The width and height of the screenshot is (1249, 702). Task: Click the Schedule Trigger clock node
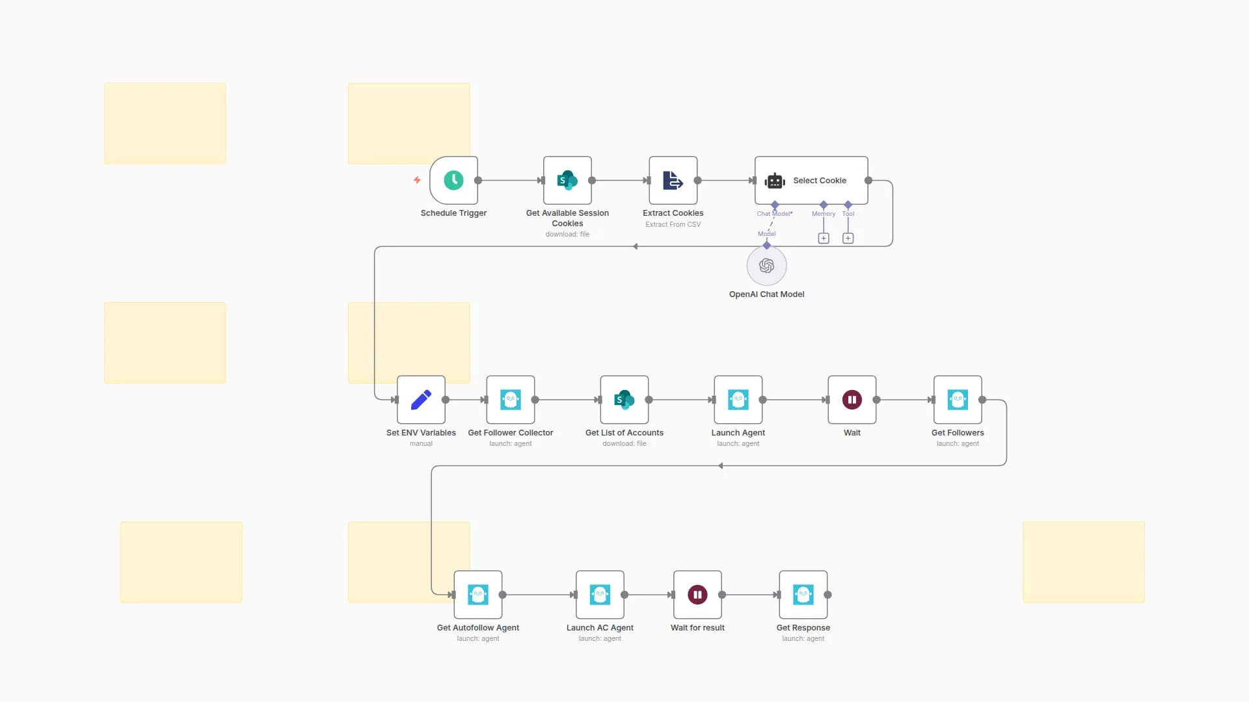pos(453,180)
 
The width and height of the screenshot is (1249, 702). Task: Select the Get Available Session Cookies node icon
pos(567,180)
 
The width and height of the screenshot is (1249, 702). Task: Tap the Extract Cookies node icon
pos(673,180)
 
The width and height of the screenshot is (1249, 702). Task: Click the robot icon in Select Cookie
pos(775,181)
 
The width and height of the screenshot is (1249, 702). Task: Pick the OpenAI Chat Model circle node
pos(766,266)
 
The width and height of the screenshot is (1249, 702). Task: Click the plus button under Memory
pos(824,239)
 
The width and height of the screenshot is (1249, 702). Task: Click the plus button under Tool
pos(848,239)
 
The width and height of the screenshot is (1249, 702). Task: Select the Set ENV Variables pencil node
pos(421,400)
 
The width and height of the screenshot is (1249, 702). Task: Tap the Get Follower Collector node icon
pos(510,400)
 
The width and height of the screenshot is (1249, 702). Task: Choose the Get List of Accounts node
pos(624,400)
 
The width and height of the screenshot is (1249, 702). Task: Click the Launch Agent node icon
pos(738,400)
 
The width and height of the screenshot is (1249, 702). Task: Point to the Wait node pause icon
pos(852,400)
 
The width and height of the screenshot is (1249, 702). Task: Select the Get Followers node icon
pos(957,400)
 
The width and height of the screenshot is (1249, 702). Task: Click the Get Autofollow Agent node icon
pos(477,595)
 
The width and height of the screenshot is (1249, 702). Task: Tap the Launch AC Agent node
pos(600,595)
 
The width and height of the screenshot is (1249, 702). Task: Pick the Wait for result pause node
pos(697,595)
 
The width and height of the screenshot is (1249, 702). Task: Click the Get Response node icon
pos(803,595)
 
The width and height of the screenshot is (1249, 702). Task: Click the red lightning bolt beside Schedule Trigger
pos(417,180)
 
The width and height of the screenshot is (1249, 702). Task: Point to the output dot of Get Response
pos(827,595)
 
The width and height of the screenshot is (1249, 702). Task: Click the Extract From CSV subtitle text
pos(673,224)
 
